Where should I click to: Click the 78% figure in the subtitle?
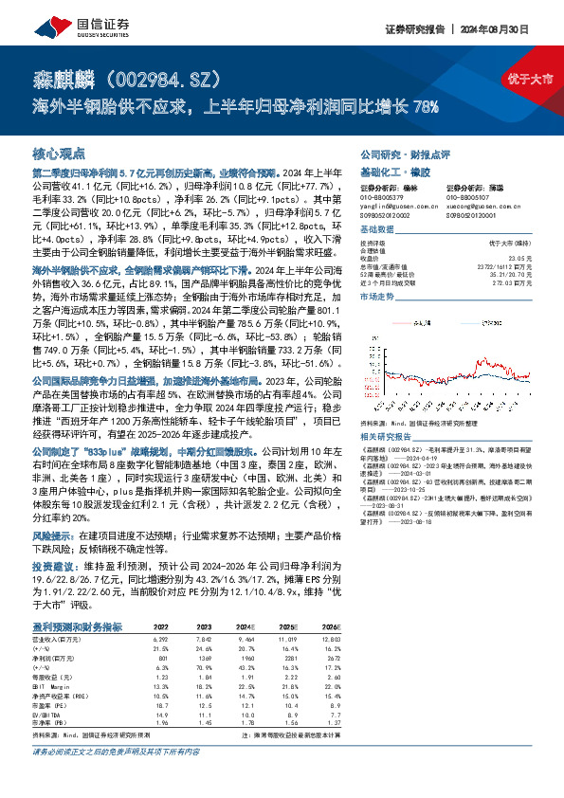[x=427, y=105]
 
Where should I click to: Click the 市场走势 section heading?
[x=378, y=297]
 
